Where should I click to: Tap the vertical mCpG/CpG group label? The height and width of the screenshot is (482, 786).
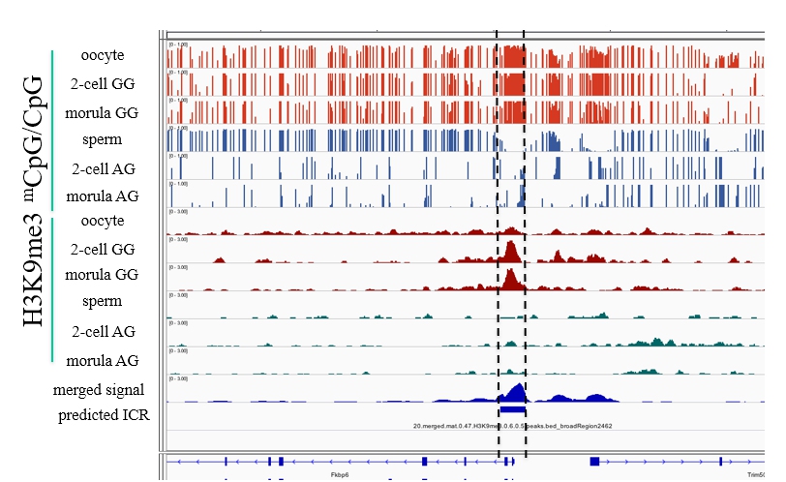36,131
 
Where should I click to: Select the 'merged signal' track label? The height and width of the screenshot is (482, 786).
100,389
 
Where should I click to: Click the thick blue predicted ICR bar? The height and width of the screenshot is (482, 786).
512,410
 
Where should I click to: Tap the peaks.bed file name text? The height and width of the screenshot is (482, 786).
512,426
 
